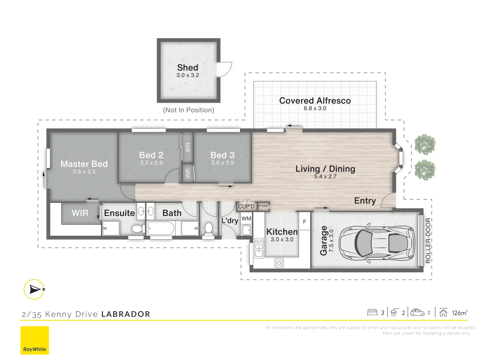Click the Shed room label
[x=188, y=68]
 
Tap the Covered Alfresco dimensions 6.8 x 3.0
[x=315, y=108]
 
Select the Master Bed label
[x=84, y=164]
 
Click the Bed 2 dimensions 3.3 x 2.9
[x=151, y=163]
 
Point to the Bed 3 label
[x=222, y=155]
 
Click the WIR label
[x=80, y=213]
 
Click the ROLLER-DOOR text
[x=428, y=240]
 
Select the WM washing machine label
[x=246, y=219]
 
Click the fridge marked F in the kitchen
[x=305, y=221]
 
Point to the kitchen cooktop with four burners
[x=279, y=263]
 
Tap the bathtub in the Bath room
[x=161, y=228]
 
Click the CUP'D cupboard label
[x=246, y=206]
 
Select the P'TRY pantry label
[x=263, y=206]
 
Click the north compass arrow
[x=34, y=289]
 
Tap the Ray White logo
[x=35, y=340]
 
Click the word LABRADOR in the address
[x=126, y=314]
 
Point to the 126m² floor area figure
[x=459, y=313]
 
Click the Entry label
[x=365, y=201]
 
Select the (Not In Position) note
[x=189, y=110]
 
